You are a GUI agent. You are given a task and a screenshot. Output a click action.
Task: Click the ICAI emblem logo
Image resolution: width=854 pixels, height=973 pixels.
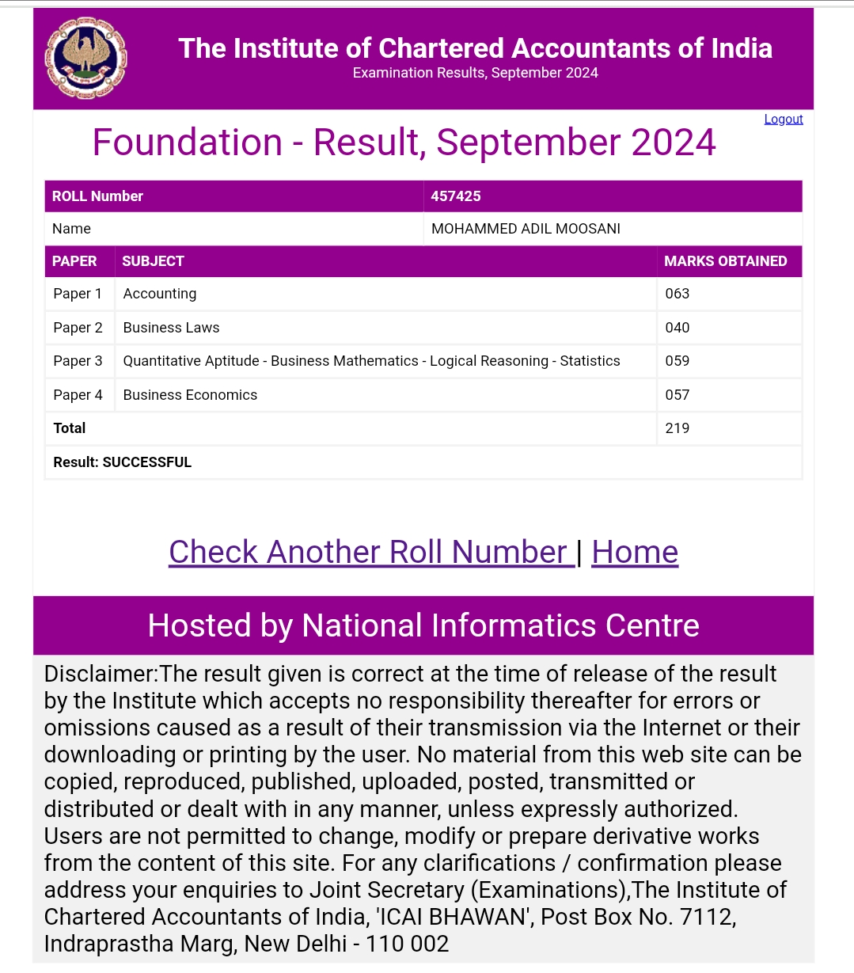click(85, 59)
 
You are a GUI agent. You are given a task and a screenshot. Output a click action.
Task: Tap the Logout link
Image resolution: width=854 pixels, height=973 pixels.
click(783, 119)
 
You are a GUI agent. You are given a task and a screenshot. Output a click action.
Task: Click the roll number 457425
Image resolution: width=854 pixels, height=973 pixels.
click(456, 196)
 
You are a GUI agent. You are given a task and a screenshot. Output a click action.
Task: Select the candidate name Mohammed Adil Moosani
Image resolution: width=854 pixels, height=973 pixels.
click(526, 229)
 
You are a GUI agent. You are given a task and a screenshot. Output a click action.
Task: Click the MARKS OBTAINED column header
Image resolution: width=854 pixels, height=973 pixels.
click(725, 261)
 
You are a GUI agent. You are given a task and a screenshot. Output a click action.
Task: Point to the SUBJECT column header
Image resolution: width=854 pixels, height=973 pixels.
click(153, 261)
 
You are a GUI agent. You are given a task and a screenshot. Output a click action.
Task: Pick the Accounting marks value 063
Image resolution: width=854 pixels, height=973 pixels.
click(678, 294)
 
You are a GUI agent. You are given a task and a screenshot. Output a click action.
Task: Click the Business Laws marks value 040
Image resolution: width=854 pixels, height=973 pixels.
click(678, 328)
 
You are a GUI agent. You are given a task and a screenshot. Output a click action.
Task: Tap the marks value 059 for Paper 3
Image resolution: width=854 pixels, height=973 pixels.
click(678, 361)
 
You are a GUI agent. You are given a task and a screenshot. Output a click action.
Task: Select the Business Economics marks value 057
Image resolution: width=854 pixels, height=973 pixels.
click(678, 395)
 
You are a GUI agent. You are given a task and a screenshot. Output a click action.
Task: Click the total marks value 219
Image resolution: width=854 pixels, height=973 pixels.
click(678, 428)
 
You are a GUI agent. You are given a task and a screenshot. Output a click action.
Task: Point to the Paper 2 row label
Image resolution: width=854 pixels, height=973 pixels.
click(78, 328)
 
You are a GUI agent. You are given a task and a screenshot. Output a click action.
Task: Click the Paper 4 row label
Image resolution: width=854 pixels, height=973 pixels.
click(78, 395)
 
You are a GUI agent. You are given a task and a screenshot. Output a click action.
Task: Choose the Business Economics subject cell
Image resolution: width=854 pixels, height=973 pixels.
click(190, 395)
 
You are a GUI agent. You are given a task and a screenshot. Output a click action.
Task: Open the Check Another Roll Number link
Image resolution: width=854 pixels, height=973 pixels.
click(370, 552)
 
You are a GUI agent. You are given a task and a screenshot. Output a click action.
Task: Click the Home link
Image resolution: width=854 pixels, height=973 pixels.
click(635, 552)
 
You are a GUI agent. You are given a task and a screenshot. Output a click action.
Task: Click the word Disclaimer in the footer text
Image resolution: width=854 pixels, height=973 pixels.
click(101, 674)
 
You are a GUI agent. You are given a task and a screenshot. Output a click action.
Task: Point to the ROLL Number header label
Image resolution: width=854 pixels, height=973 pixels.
click(97, 196)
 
